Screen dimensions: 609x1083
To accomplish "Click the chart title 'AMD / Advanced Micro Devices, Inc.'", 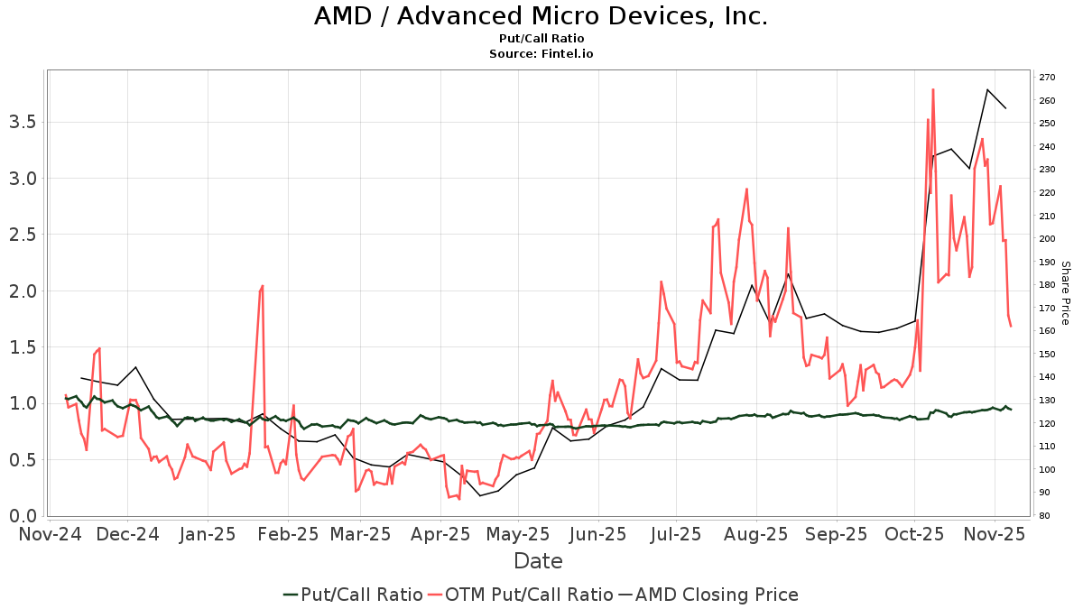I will (541, 16).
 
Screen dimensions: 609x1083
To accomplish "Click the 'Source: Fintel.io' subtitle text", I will (541, 53).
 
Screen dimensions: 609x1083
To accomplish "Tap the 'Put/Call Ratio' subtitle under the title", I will (541, 38).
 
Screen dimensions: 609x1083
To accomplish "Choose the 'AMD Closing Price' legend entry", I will (717, 595).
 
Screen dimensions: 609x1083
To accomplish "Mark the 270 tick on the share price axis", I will (1047, 78).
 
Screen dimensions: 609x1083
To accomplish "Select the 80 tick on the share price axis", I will (1044, 516).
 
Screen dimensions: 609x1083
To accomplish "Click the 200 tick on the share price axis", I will (1047, 239).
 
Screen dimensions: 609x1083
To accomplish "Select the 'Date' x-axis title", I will (538, 561).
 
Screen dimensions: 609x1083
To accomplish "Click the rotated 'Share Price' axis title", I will (1065, 293).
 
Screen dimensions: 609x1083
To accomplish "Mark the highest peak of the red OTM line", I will (932, 89).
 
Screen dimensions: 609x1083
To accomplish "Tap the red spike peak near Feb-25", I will (263, 286).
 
